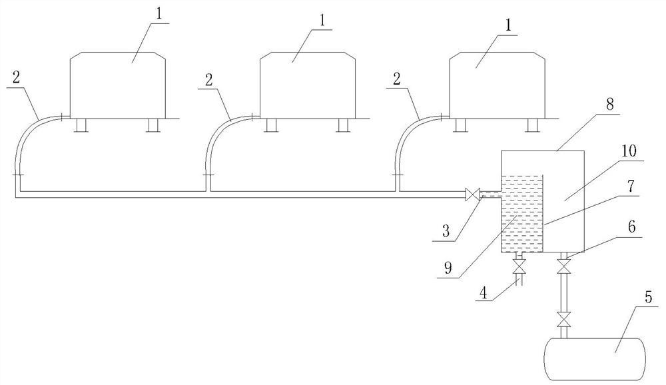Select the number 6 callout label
pos(630,226)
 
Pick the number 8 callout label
pos(610,105)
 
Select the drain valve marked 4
pos(519,268)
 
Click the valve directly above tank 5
pos(565,321)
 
